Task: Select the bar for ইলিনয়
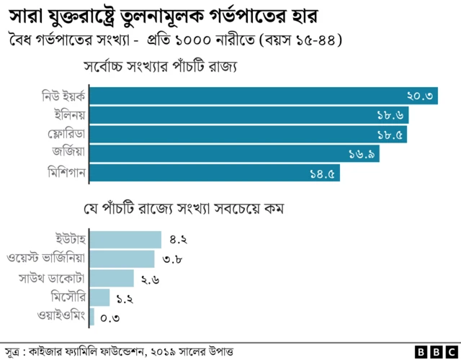(249, 115)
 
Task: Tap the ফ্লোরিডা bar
(249, 134)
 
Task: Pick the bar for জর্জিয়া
(235, 153)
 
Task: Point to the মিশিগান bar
(215, 173)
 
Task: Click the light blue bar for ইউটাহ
(125, 240)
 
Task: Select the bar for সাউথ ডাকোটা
(112, 278)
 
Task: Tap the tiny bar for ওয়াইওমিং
(92, 316)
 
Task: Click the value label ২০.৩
(419, 96)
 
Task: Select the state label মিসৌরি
(68, 297)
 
